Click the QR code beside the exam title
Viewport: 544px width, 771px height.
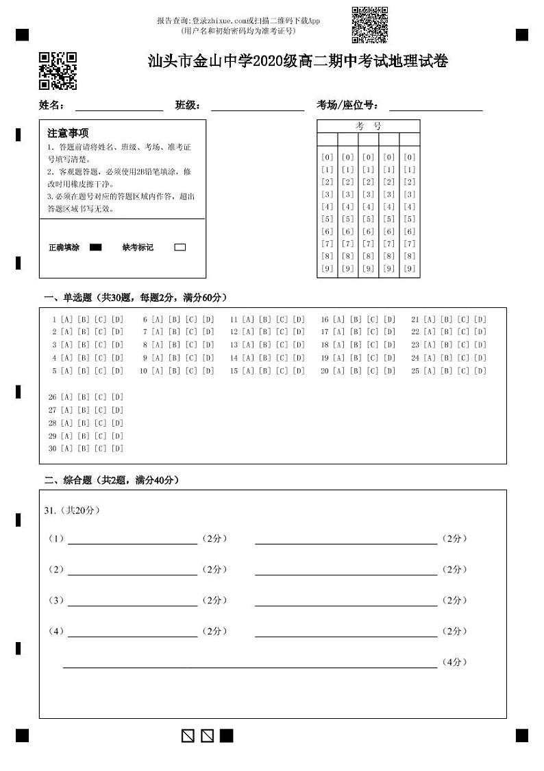tap(58, 71)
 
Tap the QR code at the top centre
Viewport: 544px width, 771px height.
tap(369, 25)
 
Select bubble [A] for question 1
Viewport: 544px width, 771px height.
tap(66, 320)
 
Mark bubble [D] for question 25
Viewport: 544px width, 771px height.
tap(480, 371)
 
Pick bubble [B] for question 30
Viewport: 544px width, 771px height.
tap(84, 449)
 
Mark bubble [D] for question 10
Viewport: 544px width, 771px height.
tap(208, 371)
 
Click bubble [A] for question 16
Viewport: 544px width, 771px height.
tap(338, 320)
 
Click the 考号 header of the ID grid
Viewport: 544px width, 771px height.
tap(369, 126)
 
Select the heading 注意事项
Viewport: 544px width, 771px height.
tap(68, 133)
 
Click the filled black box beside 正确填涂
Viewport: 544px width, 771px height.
tap(96, 248)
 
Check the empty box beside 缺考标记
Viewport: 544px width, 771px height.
tap(180, 248)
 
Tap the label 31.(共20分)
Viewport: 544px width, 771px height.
tap(72, 510)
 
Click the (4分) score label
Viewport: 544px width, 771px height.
tap(454, 662)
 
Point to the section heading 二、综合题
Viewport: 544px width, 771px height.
tap(111, 480)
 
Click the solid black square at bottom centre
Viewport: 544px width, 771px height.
tap(226, 736)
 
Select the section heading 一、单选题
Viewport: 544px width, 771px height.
tap(135, 298)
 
